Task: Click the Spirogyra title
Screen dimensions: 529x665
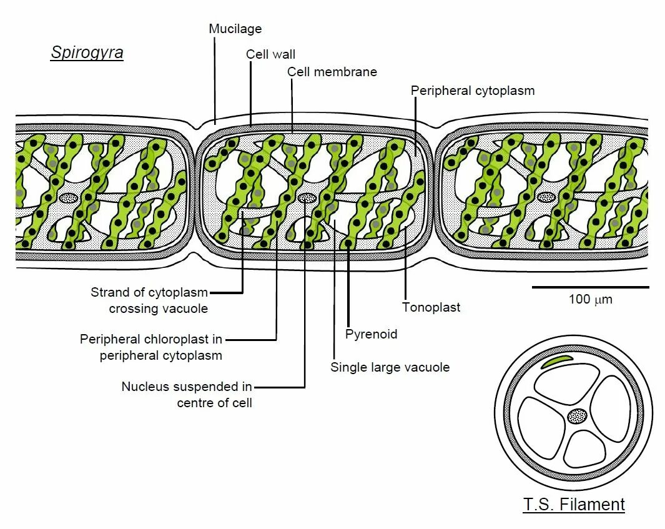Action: [87, 52]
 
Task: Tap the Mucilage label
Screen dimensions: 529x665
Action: [235, 29]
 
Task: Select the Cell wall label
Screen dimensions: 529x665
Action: [270, 54]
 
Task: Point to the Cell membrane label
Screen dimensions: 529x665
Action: [332, 72]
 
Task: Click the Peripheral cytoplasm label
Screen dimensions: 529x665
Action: [473, 91]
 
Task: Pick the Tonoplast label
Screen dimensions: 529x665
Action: [431, 307]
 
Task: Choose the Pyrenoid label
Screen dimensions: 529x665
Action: [371, 334]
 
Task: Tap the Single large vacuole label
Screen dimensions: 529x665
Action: [390, 367]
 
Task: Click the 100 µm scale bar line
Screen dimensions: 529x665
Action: [590, 287]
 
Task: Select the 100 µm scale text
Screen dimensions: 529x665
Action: [590, 299]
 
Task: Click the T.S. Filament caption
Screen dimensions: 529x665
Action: [573, 505]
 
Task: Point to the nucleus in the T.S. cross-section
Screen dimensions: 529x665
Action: [578, 415]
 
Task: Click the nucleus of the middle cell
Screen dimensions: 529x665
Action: [306, 198]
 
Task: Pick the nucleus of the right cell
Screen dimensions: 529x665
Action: [547, 197]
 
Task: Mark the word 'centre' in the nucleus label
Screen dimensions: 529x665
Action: [195, 403]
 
